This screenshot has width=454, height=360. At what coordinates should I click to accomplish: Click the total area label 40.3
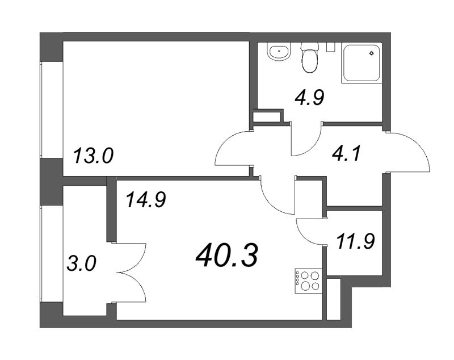click(227, 256)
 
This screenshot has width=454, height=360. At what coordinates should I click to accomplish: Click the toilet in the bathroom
click(309, 58)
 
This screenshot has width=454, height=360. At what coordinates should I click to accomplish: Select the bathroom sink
click(278, 54)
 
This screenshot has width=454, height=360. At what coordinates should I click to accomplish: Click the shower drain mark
click(371, 55)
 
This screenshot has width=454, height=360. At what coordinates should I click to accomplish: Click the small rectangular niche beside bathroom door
click(267, 116)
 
